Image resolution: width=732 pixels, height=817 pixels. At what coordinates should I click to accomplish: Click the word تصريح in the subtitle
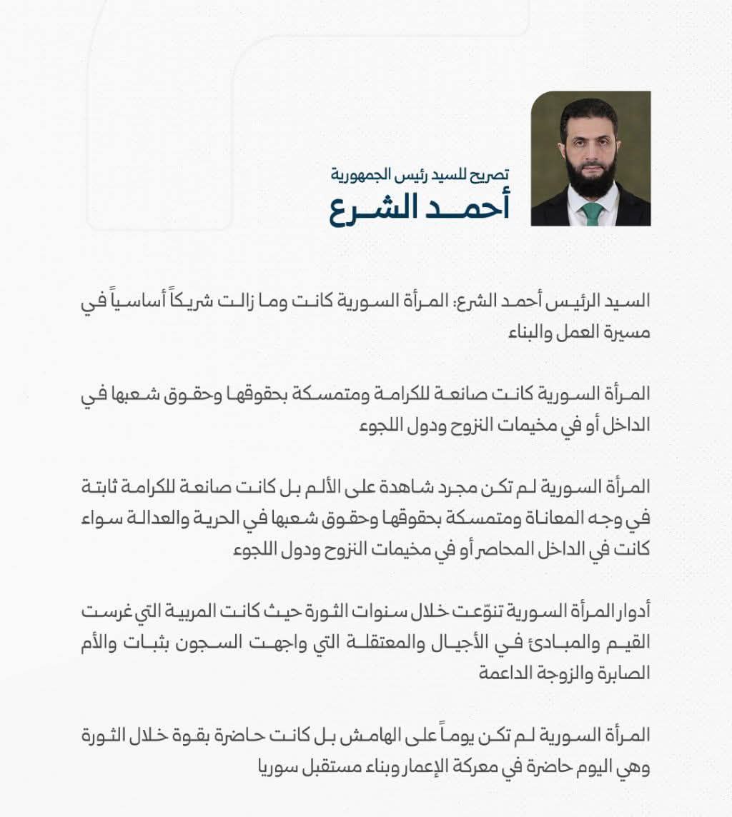pos(493,174)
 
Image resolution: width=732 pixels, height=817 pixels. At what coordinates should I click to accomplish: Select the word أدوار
pos(630,612)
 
